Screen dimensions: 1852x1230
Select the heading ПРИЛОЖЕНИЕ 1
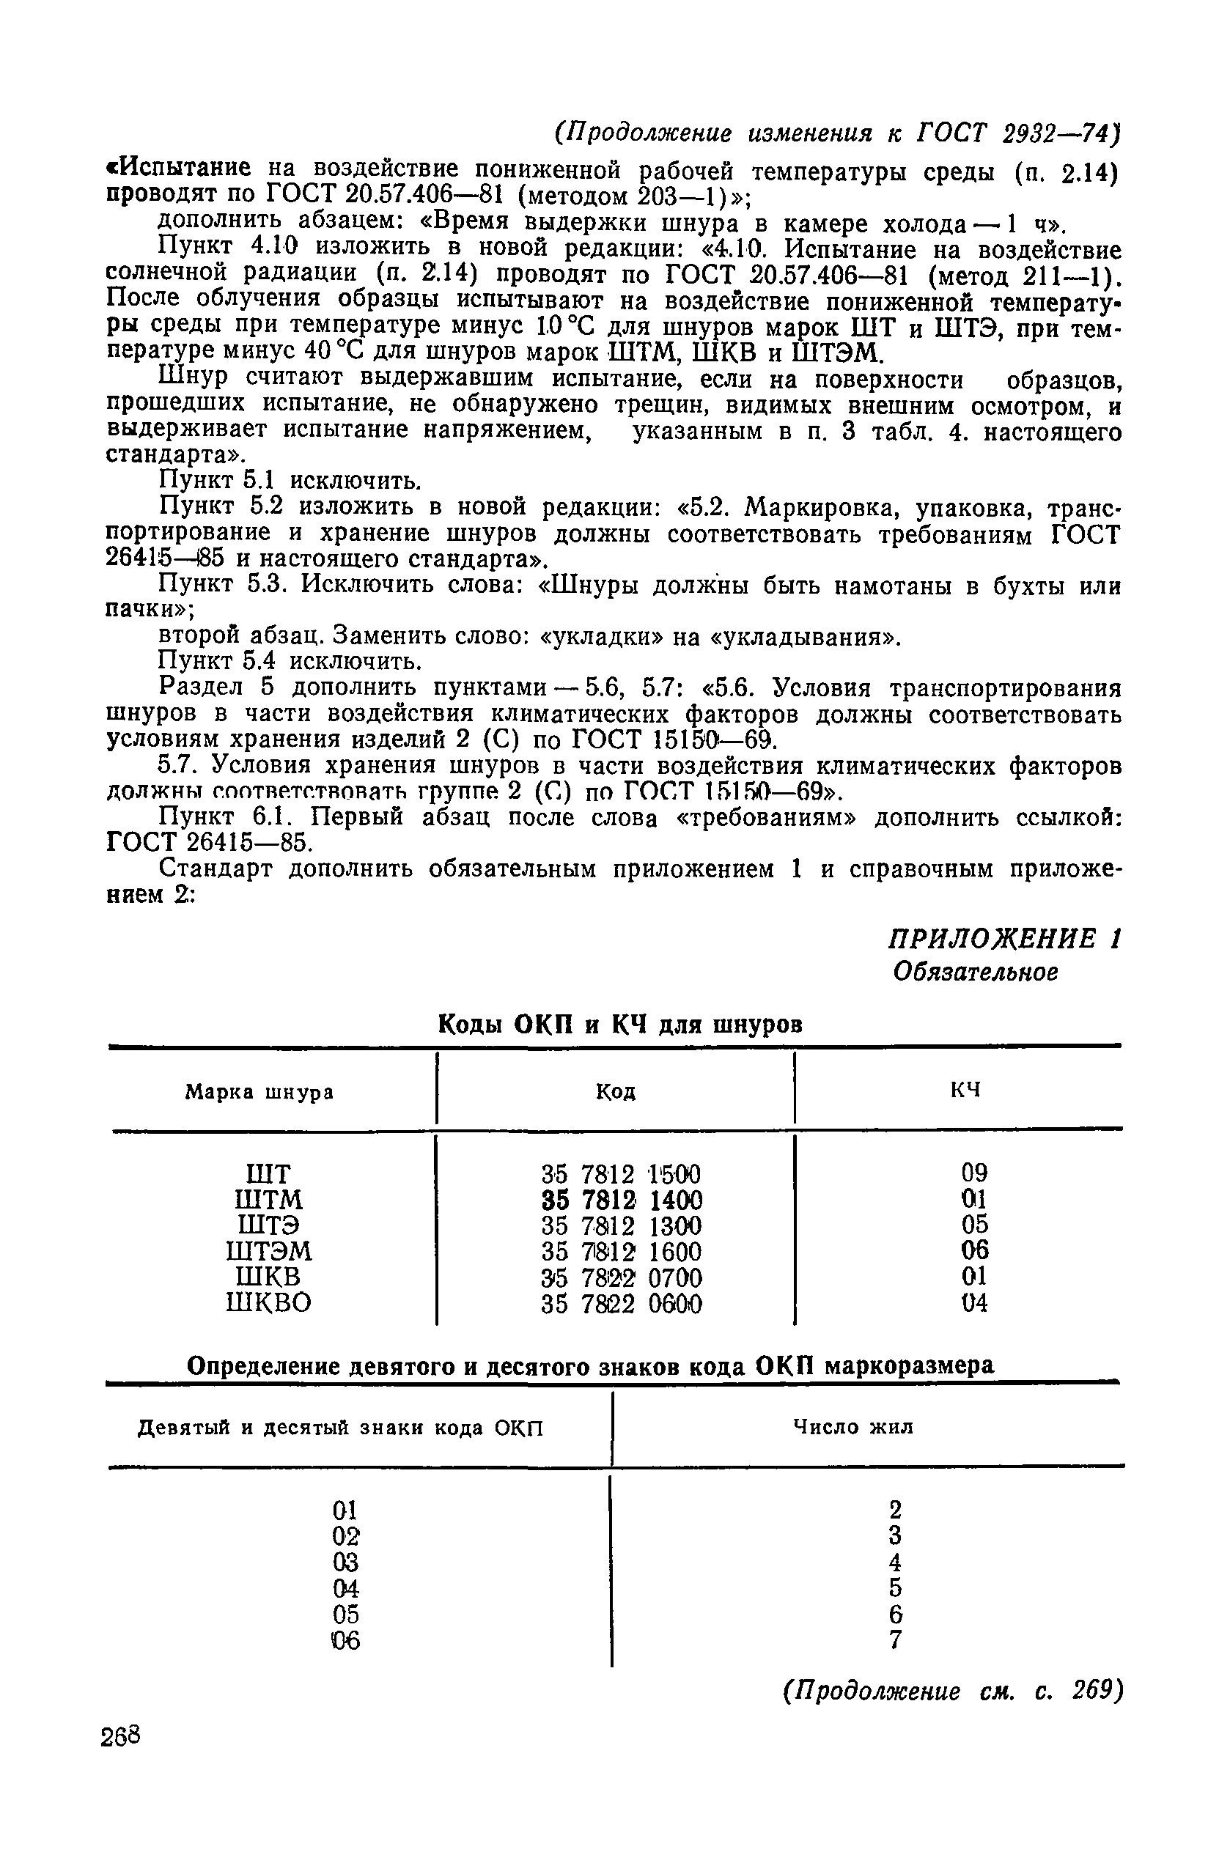1005,938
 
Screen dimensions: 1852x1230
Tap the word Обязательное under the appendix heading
976,973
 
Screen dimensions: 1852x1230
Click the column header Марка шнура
259,1091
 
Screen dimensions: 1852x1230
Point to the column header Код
616,1091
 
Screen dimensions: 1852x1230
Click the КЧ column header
965,1090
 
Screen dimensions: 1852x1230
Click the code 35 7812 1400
622,1200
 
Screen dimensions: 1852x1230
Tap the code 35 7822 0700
622,1278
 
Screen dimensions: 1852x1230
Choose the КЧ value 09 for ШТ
974,1173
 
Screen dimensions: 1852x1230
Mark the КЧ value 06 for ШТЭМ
974,1250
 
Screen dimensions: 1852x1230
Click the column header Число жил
853,1426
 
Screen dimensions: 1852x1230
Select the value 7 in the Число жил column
896,1639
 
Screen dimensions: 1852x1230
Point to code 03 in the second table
345,1563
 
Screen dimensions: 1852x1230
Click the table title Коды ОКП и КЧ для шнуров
619,1024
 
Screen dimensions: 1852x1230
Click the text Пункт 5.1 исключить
290,479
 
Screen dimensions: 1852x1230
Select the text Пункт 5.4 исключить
290,663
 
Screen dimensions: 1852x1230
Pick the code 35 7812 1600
622,1251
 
